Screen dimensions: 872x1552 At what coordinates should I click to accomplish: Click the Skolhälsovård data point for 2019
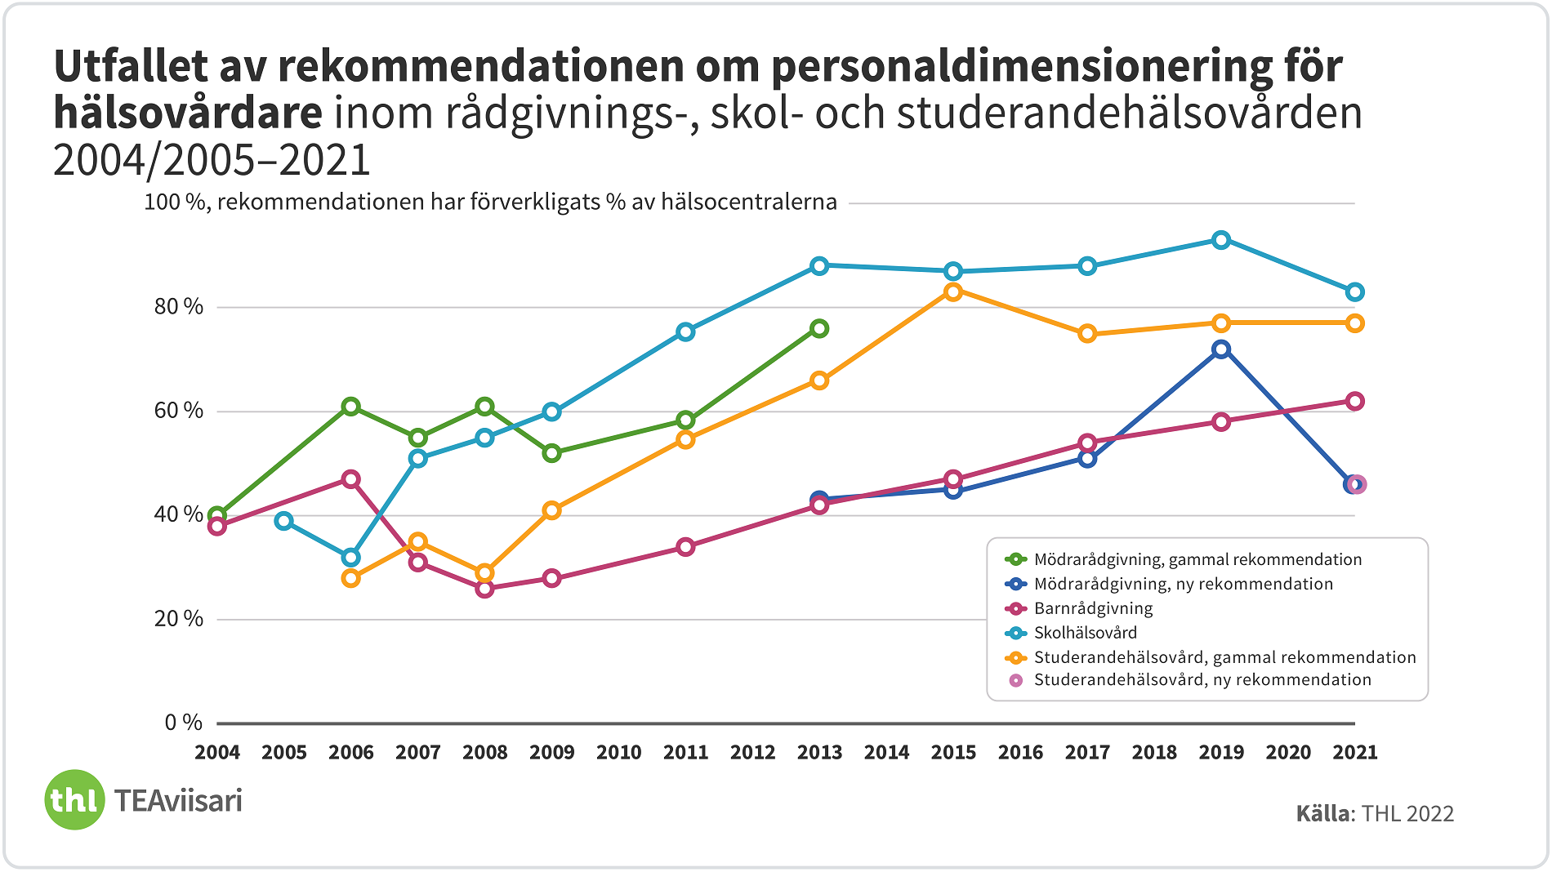point(1221,240)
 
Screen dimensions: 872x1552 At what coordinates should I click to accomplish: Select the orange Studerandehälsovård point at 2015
point(953,292)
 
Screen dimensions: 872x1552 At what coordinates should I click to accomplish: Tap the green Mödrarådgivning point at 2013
point(819,329)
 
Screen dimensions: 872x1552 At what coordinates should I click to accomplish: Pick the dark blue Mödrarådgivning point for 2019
point(1221,349)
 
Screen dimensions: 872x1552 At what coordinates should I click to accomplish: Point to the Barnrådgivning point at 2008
point(485,589)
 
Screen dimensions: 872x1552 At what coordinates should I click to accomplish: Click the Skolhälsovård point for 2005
point(284,521)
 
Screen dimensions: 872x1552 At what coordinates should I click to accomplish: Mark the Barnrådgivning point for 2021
point(1355,402)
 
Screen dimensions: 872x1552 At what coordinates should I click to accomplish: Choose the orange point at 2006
point(351,579)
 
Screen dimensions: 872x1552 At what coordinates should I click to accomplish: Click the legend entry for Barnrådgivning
point(1093,608)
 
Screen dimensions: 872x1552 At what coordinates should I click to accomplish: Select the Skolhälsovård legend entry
point(1085,633)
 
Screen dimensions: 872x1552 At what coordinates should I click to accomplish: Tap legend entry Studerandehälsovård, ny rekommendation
point(1202,680)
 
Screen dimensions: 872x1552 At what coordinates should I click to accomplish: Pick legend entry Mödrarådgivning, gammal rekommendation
point(1197,560)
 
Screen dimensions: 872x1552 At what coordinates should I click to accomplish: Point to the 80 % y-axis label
point(179,307)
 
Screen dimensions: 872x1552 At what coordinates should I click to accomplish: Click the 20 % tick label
point(179,619)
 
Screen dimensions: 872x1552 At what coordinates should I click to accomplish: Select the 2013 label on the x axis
point(819,753)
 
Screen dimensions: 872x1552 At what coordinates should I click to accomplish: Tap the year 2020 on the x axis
point(1288,753)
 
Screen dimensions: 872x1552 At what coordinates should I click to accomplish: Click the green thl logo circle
point(74,800)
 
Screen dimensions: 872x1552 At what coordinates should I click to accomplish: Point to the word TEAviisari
point(178,801)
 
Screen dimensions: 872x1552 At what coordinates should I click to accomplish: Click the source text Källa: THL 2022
point(1375,814)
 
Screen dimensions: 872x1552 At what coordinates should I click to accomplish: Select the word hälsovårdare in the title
point(188,113)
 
